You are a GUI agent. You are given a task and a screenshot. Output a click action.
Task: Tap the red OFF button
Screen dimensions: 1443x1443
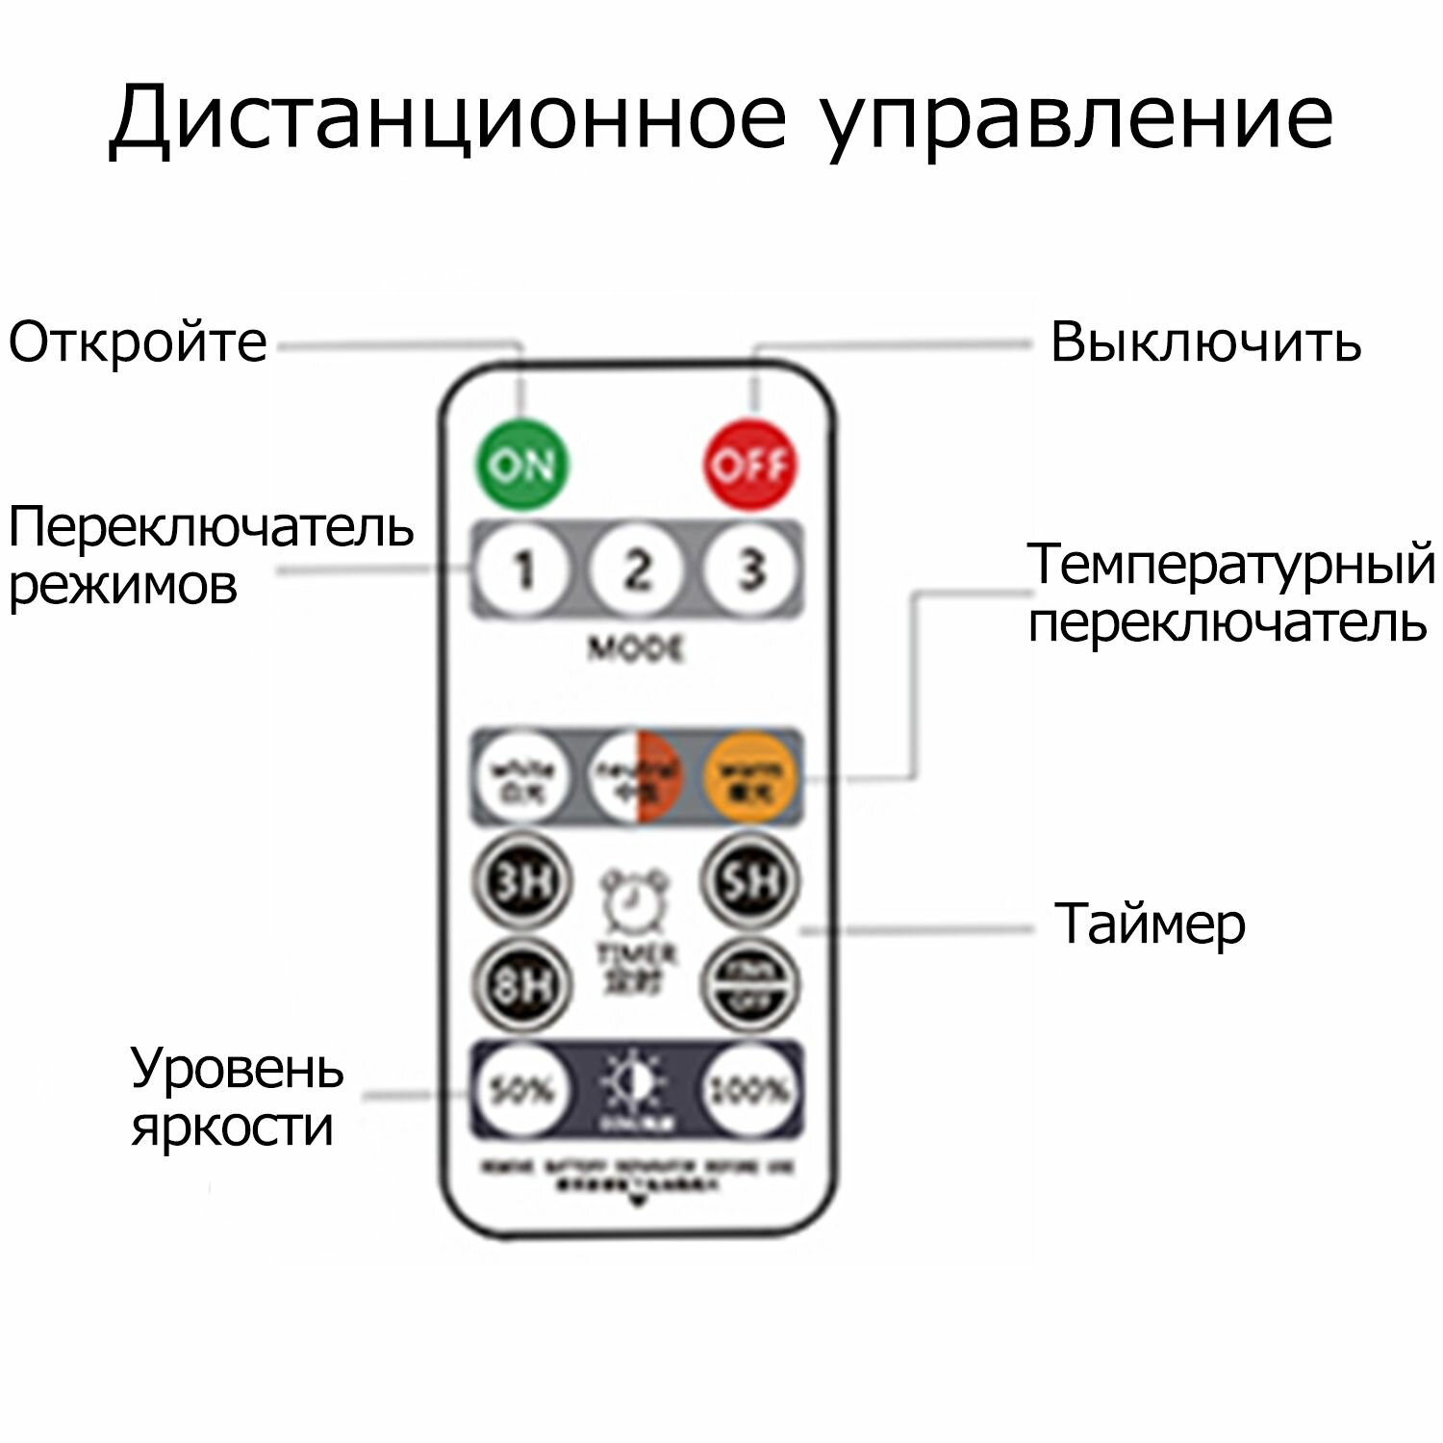click(x=751, y=465)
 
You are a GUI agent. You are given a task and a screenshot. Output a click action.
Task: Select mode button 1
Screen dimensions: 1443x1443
click(x=522, y=570)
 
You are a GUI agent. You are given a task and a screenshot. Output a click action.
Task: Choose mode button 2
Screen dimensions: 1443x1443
click(x=636, y=570)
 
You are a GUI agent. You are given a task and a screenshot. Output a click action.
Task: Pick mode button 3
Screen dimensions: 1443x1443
click(x=750, y=570)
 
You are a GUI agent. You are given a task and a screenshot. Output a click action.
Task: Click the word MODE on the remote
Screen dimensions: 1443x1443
click(x=636, y=649)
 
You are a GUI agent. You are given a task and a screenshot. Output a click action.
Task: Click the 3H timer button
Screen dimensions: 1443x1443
click(x=521, y=881)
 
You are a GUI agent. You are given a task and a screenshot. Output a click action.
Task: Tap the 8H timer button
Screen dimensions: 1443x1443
click(x=521, y=983)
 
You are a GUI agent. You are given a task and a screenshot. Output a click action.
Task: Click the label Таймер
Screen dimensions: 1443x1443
click(x=1150, y=924)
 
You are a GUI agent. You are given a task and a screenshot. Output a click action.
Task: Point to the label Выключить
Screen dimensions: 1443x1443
click(x=1205, y=342)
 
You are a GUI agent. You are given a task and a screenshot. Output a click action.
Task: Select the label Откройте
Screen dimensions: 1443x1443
click(x=138, y=342)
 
